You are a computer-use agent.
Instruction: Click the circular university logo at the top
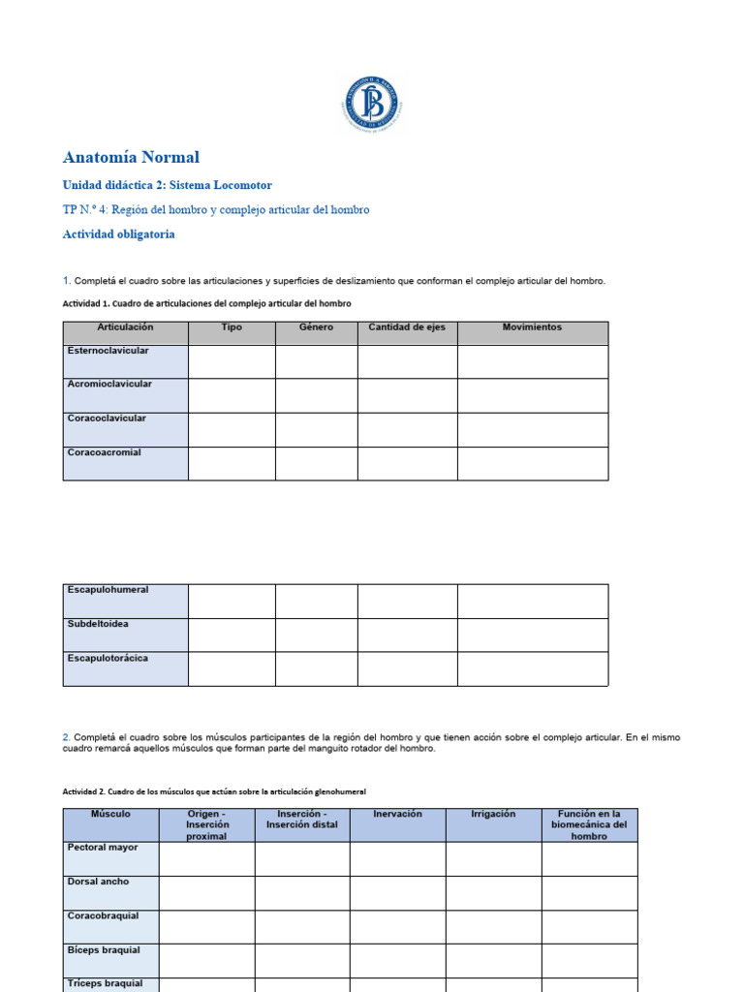tap(371, 104)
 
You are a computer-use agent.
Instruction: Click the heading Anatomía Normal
tap(131, 157)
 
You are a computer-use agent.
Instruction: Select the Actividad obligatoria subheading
tap(119, 234)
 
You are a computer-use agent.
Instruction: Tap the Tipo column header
tap(232, 328)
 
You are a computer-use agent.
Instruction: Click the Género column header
tap(316, 328)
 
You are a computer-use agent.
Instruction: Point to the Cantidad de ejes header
tap(407, 328)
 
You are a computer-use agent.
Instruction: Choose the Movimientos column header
tap(532, 328)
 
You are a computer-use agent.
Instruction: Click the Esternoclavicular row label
tap(108, 351)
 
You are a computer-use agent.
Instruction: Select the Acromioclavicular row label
tap(109, 385)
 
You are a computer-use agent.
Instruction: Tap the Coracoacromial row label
tap(105, 452)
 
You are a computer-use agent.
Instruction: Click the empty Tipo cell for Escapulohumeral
tap(232, 601)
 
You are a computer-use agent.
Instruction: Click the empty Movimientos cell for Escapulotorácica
tap(533, 668)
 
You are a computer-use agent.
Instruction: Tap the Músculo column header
tap(110, 815)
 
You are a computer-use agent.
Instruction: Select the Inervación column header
tap(397, 815)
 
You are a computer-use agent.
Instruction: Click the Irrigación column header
tap(493, 815)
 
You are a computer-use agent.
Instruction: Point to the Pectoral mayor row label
tap(103, 848)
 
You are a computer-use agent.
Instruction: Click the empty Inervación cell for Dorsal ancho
tap(397, 893)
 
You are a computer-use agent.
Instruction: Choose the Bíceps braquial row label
tap(104, 950)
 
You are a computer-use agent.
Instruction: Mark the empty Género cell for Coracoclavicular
tap(316, 430)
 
